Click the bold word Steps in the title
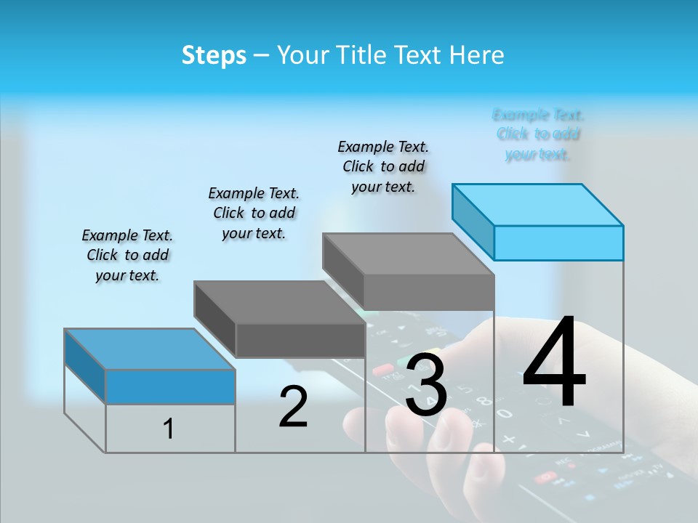pos(214,55)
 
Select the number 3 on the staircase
pos(426,385)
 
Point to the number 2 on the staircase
pos(293,407)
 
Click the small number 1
pos(169,429)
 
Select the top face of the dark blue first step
pos(150,349)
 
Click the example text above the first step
pos(127,255)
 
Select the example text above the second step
pos(254,213)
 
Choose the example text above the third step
pos(383,166)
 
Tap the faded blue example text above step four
pos(538,134)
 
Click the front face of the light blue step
pos(558,243)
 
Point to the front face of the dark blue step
pos(170,386)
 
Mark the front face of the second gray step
pos(300,340)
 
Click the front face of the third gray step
pos(429,293)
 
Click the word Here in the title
pos(478,55)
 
